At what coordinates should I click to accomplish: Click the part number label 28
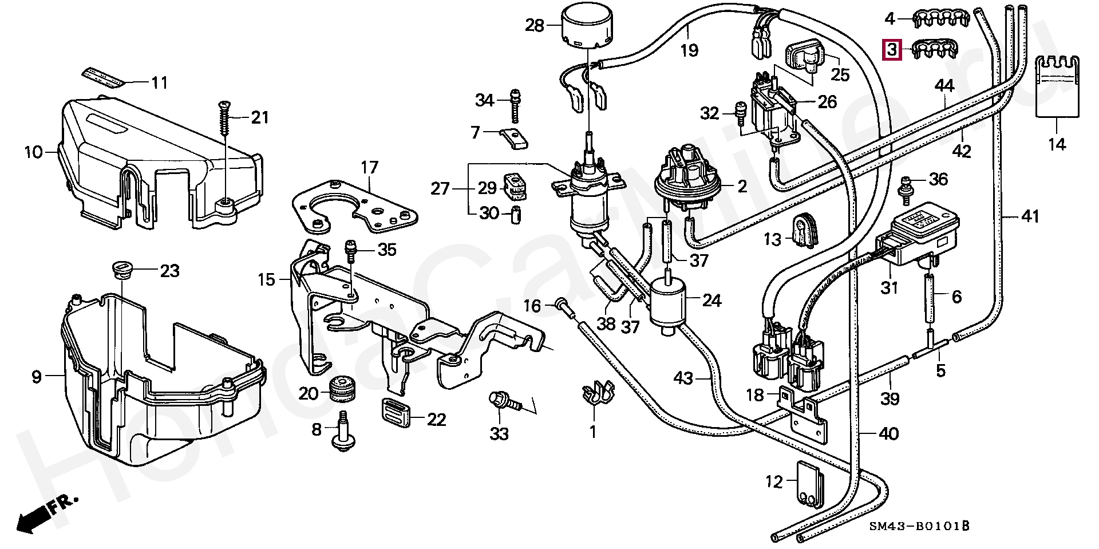(535, 26)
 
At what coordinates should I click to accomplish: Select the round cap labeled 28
(587, 28)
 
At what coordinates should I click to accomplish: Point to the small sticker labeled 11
(103, 77)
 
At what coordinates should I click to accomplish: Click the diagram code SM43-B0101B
(919, 526)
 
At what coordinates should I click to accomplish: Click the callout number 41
(1030, 217)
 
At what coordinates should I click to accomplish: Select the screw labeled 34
(515, 106)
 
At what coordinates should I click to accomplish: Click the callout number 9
(37, 377)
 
